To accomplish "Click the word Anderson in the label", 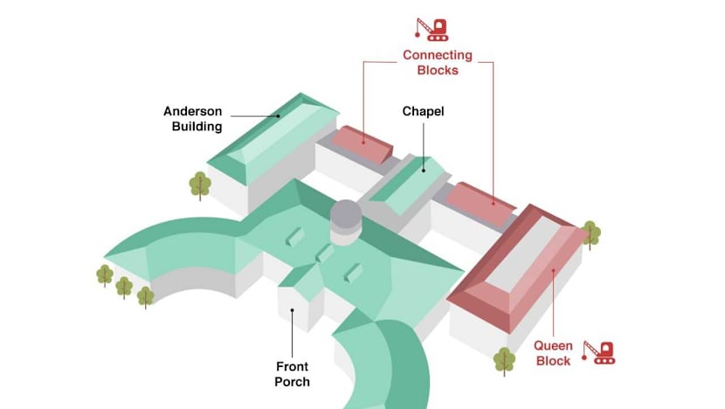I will [x=192, y=111].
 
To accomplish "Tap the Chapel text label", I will [x=423, y=111].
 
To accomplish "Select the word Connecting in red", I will [x=437, y=55].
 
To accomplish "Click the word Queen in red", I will [x=553, y=344].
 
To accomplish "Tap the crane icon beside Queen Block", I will [x=599, y=351].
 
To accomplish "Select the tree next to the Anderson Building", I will [x=201, y=184].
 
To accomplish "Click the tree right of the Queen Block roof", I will [x=590, y=233].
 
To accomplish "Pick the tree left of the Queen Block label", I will [x=504, y=359].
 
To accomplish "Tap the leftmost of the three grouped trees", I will [x=105, y=274].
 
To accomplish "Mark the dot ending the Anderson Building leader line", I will [x=279, y=114].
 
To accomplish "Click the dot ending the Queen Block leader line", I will [x=553, y=271].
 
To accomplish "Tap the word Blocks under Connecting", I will [x=437, y=70].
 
